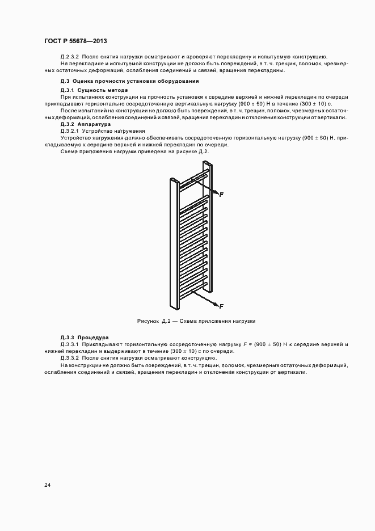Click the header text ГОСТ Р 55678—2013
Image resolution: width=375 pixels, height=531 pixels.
(x=75, y=41)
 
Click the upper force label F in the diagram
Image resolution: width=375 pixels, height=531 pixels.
(x=221, y=195)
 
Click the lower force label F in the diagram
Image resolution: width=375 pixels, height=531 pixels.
(x=221, y=306)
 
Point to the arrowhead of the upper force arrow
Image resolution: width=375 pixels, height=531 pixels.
(x=216, y=194)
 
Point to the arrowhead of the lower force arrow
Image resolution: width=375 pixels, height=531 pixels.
(x=216, y=305)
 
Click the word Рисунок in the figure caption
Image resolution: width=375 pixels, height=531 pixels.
(x=148, y=321)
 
